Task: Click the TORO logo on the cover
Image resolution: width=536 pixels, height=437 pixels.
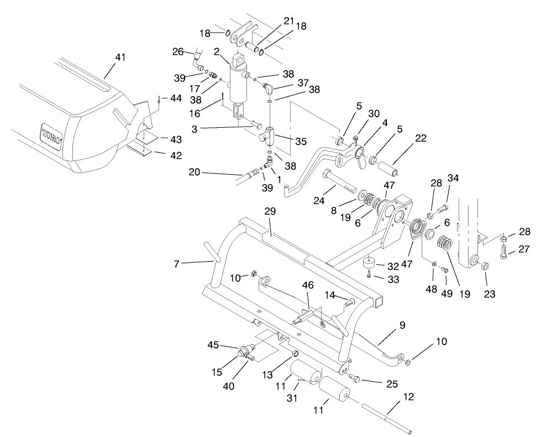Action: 51,134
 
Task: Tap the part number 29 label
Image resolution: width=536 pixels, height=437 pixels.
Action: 269,212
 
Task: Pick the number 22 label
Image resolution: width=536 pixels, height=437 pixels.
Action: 421,138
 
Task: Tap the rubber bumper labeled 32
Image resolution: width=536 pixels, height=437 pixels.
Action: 369,261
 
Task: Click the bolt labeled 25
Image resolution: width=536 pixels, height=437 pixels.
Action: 355,379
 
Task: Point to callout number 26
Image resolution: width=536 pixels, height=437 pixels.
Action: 177,52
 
